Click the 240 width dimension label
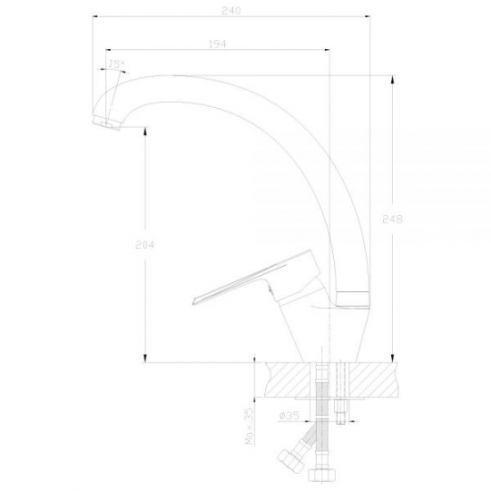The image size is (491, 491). click(x=231, y=11)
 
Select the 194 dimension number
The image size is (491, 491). click(x=217, y=44)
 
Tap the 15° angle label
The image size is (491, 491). click(x=116, y=64)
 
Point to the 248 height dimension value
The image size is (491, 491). click(x=393, y=220)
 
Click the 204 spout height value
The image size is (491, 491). click(x=145, y=245)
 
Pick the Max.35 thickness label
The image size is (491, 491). click(x=249, y=426)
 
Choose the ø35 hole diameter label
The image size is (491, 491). click(x=288, y=415)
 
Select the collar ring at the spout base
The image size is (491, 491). click(x=353, y=299)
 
